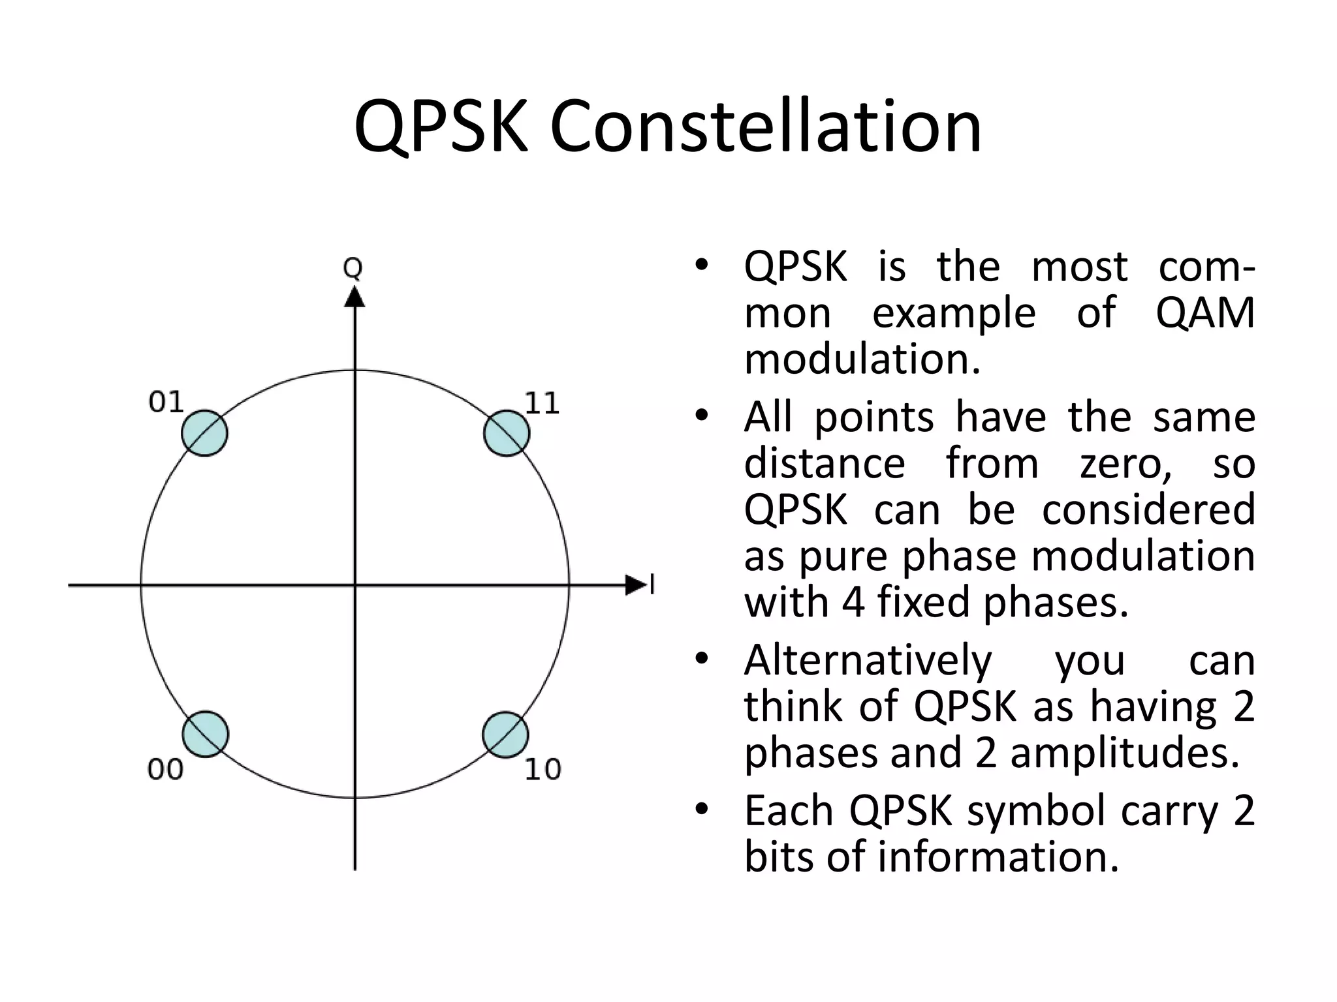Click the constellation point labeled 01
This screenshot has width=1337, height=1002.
pos(204,433)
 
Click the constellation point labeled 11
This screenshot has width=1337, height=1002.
pos(507,433)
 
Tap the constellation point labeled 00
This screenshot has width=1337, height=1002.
pos(205,734)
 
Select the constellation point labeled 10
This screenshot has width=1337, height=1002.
pos(505,735)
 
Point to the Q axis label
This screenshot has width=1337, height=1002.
pos(353,268)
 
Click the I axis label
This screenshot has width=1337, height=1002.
pos(652,585)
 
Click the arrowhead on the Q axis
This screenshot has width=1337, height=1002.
pos(354,297)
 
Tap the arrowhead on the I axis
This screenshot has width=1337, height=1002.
pos(635,585)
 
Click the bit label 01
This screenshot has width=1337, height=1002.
pos(166,402)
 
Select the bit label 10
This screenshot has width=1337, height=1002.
pos(543,770)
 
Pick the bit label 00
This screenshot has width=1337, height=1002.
pos(165,770)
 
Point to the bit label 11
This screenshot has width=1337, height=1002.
pos(542,404)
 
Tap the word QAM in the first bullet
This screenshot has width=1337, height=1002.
pos(1204,313)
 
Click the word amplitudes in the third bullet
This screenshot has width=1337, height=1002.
pos(1124,752)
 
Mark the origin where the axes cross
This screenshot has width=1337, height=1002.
pos(354,585)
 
